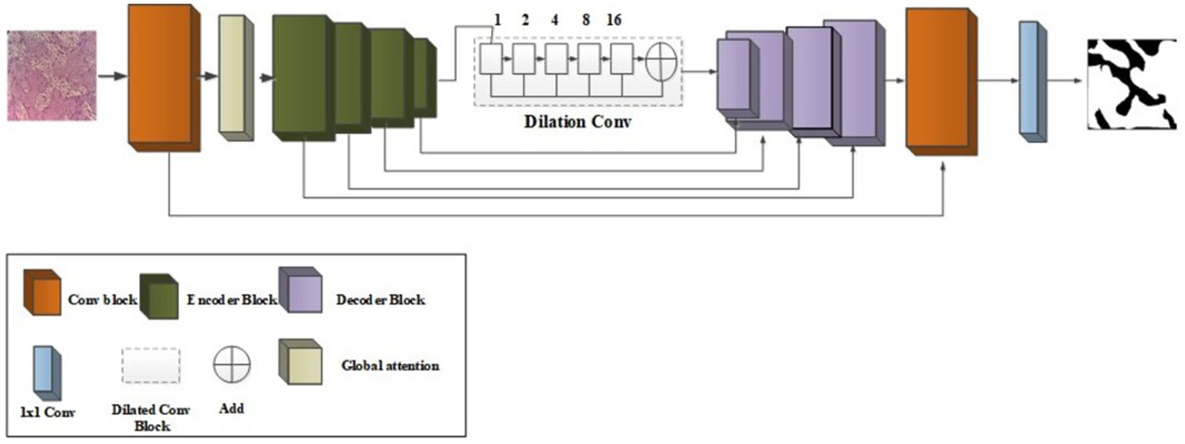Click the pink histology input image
[x=52, y=75]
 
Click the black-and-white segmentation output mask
[x=1131, y=84]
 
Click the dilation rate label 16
[x=614, y=21]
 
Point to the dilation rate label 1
[x=497, y=21]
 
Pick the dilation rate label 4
[x=554, y=21]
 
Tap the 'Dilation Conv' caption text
[x=577, y=121]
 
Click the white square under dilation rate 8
[x=589, y=59]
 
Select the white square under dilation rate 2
[x=523, y=59]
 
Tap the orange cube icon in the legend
[x=42, y=293]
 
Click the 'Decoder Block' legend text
[x=381, y=300]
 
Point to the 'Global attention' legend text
[x=390, y=366]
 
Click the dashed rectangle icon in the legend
[x=151, y=366]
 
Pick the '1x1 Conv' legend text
[x=47, y=412]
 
